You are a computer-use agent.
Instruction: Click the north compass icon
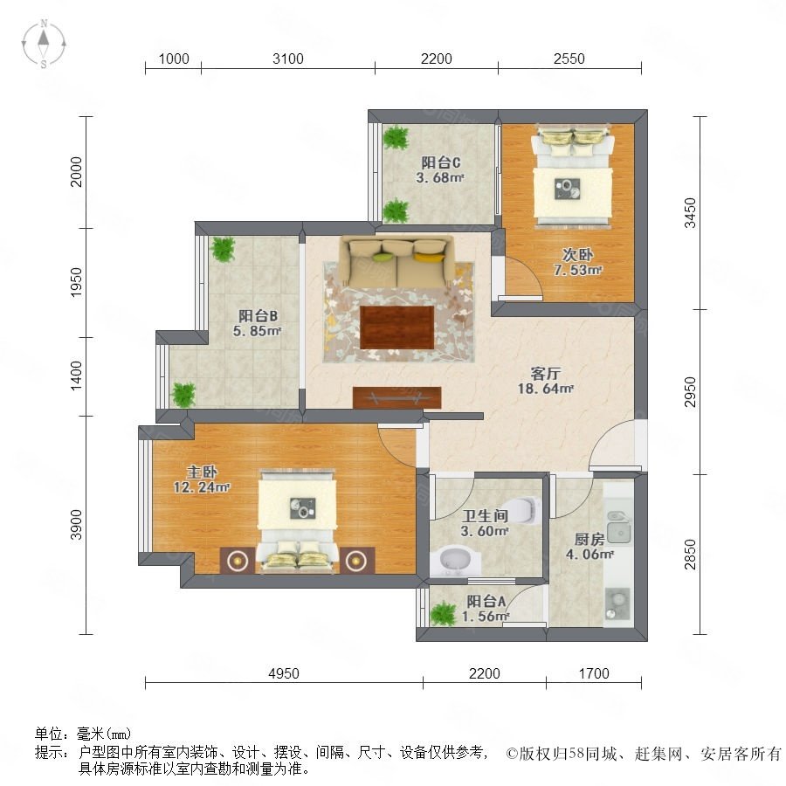[x=44, y=44]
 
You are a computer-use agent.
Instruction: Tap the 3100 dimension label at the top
[x=287, y=59]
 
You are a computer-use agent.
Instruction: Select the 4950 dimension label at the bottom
[x=284, y=673]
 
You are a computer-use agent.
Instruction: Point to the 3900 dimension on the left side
[x=76, y=525]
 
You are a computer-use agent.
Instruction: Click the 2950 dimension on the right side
[x=690, y=392]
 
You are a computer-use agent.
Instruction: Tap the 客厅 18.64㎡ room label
[x=545, y=381]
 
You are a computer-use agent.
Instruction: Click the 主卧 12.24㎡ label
[x=202, y=479]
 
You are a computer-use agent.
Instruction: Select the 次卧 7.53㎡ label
[x=577, y=262]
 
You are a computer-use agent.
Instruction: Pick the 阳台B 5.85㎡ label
[x=257, y=323]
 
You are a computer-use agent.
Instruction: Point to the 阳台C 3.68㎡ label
[x=440, y=169]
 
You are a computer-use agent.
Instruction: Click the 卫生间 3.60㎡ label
[x=485, y=523]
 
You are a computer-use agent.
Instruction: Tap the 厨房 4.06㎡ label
[x=589, y=547]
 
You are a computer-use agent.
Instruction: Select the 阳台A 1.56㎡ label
[x=486, y=608]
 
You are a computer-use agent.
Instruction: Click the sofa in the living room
[x=397, y=261]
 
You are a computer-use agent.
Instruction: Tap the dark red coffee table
[x=397, y=327]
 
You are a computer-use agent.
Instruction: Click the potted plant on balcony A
[x=444, y=614]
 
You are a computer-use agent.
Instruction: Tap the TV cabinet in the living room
[x=397, y=397]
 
